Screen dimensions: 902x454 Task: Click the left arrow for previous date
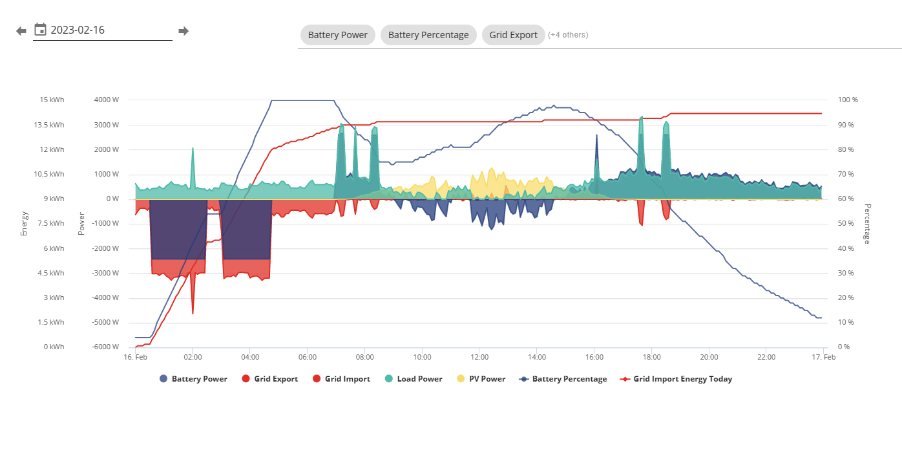coord(21,31)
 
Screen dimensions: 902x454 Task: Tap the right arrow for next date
coord(184,31)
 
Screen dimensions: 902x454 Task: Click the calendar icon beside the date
coord(40,30)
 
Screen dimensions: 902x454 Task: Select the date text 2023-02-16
coord(78,30)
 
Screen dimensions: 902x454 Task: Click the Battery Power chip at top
coord(337,35)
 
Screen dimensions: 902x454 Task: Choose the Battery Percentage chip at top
coord(428,35)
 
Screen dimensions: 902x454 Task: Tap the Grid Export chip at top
coord(513,35)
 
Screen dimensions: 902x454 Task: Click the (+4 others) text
coord(568,35)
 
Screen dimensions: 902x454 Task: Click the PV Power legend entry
coord(481,379)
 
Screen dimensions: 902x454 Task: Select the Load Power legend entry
coord(414,379)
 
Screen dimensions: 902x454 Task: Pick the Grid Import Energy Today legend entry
coord(676,379)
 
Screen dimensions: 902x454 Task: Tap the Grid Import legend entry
coord(341,379)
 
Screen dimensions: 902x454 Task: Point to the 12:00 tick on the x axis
coord(479,357)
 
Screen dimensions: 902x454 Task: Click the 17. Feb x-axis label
coord(823,357)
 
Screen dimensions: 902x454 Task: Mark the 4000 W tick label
coord(107,100)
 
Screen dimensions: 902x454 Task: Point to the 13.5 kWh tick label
coord(48,125)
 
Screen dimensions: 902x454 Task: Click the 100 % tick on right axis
coord(848,100)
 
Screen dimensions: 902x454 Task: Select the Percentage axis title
coord(867,224)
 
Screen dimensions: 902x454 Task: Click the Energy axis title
coord(24,223)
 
